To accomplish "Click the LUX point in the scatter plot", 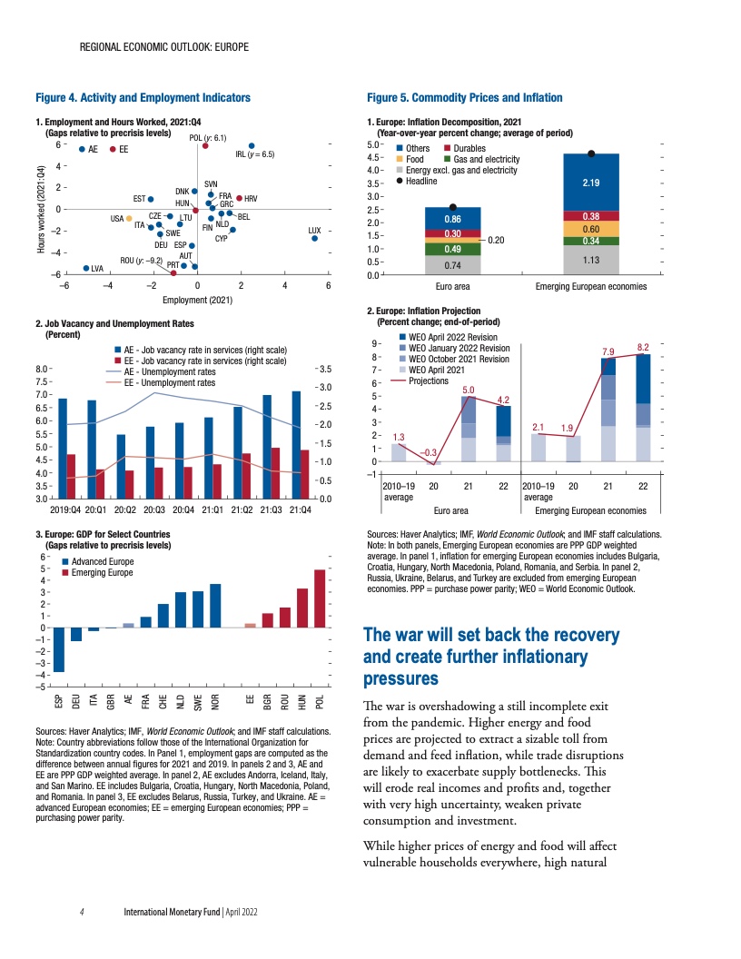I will [314, 238].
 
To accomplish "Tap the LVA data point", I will [86, 268].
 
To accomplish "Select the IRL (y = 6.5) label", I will [254, 154].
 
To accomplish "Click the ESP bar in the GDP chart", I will [59, 649].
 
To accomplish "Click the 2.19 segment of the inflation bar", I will [590, 183].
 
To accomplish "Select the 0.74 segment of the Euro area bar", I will [452, 265].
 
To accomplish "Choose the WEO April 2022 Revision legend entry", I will [452, 337].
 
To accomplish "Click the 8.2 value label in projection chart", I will [643, 347].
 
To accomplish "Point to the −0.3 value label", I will [431, 452].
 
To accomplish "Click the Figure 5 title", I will [464, 97].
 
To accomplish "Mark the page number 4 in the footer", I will [82, 910].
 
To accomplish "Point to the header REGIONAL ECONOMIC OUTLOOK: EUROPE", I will [164, 45].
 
